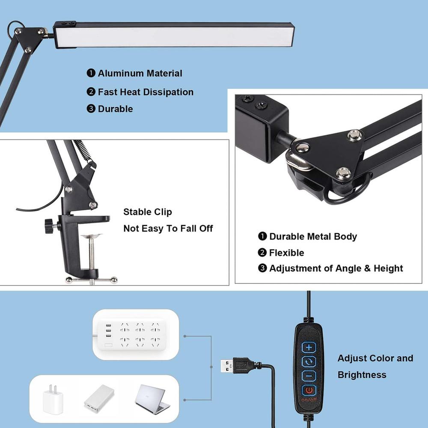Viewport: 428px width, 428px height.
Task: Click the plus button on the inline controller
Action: [309, 347]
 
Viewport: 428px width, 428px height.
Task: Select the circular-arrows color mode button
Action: [309, 362]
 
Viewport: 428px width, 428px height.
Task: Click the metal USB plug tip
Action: [227, 366]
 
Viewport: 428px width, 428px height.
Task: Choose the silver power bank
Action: [99, 398]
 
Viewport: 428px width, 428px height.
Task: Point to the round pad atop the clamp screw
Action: [92, 236]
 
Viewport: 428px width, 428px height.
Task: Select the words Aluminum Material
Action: [140, 74]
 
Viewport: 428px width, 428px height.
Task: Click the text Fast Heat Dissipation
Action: [146, 92]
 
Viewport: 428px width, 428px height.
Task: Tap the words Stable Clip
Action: [148, 212]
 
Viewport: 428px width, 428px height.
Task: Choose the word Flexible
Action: [286, 253]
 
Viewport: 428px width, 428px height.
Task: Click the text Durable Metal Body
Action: [313, 237]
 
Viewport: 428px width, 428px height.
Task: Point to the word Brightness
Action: [362, 375]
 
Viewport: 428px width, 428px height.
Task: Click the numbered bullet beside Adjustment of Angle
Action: [262, 269]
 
